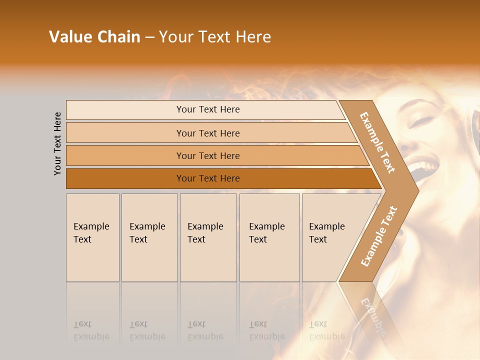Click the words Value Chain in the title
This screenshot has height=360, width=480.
coord(94,37)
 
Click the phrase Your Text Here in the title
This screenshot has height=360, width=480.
coord(215,37)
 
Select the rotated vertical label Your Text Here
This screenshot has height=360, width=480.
coord(57,143)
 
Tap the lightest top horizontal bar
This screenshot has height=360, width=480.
coord(207,109)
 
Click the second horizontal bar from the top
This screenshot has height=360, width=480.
coord(207,133)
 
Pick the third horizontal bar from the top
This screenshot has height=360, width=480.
coord(207,155)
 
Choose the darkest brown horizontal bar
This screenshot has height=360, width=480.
coord(207,178)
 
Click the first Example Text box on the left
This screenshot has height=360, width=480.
coord(92,237)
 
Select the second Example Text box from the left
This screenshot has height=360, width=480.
coord(149,237)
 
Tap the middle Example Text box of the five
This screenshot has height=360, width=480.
coord(208,237)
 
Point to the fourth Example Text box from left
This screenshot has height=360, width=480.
coord(269,237)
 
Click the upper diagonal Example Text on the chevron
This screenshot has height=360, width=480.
coord(377,142)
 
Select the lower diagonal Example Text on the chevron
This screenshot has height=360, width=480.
coord(379,236)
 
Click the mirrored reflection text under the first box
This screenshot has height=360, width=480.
coord(92,330)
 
